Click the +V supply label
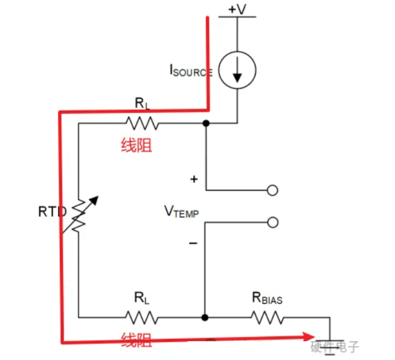pyautogui.click(x=237, y=9)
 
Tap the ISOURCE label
pyautogui.click(x=191, y=70)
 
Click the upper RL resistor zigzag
pyautogui.click(x=143, y=123)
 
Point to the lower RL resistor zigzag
pyautogui.click(x=142, y=318)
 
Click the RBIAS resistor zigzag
pyautogui.click(x=268, y=318)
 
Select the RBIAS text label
pyautogui.click(x=268, y=298)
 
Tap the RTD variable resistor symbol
pyautogui.click(x=79, y=215)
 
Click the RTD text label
pyautogui.click(x=53, y=211)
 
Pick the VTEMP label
pyautogui.click(x=181, y=211)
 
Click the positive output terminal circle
pyautogui.click(x=272, y=190)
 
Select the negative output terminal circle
pyautogui.click(x=272, y=222)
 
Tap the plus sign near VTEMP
pyautogui.click(x=194, y=179)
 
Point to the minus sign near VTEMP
pyautogui.click(x=193, y=243)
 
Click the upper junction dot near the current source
pyautogui.click(x=206, y=123)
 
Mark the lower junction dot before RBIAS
pyautogui.click(x=205, y=318)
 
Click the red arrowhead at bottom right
pyautogui.click(x=309, y=336)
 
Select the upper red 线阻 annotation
pyautogui.click(x=136, y=145)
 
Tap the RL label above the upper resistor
pyautogui.click(x=143, y=103)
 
